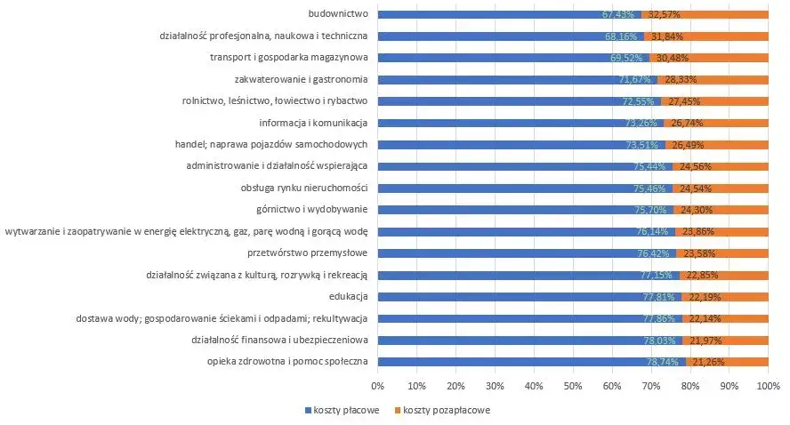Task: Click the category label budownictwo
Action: [338, 14]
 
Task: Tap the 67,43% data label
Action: [618, 14]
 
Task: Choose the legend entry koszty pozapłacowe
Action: [440, 410]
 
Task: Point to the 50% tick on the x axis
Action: [573, 386]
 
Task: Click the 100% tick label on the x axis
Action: [768, 386]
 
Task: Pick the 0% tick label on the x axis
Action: [377, 386]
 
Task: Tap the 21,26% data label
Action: [707, 362]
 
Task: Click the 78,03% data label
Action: [662, 340]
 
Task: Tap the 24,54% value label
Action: [695, 188]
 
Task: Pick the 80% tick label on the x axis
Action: [690, 386]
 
